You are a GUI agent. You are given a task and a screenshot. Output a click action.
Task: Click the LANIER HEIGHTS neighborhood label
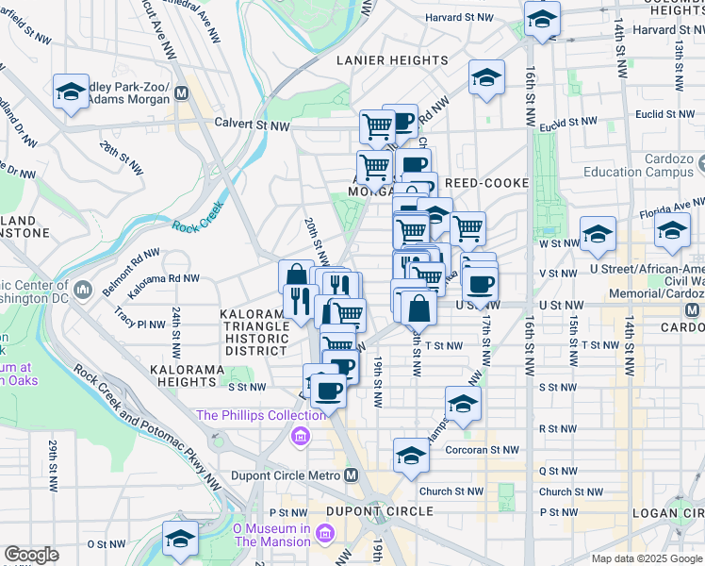pos(393,60)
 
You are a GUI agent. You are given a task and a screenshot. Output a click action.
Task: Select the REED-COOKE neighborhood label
pos(487,182)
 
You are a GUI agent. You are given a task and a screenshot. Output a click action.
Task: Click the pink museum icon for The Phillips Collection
pos(301,435)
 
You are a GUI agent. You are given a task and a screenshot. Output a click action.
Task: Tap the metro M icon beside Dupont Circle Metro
pos(352,475)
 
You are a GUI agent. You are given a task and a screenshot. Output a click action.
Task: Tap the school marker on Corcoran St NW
pos(411,456)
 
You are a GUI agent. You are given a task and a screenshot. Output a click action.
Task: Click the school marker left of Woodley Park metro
pos(72,92)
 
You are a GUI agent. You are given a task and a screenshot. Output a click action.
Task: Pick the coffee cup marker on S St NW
pos(328,389)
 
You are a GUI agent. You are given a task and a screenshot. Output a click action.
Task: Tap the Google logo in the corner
pos(31,555)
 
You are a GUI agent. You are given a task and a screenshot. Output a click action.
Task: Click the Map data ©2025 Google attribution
pos(647,558)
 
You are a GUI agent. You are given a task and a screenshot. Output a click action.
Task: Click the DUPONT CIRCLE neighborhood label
pos(379,511)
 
